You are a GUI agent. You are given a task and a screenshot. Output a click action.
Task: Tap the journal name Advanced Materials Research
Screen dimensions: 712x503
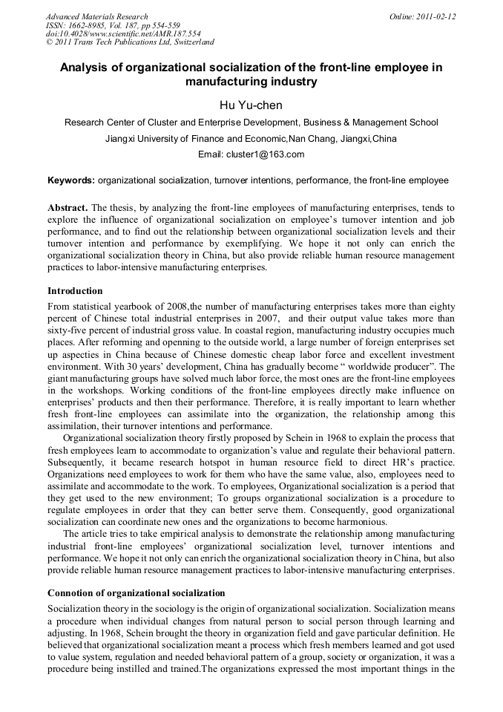coord(96,16)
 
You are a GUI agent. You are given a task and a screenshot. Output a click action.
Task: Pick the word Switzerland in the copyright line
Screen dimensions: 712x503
coord(189,42)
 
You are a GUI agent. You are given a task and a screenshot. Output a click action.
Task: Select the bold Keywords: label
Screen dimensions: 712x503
coord(71,180)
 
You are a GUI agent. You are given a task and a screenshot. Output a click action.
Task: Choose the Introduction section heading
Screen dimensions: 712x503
coord(75,290)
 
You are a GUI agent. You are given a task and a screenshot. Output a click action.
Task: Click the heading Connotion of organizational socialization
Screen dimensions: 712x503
coord(136,593)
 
